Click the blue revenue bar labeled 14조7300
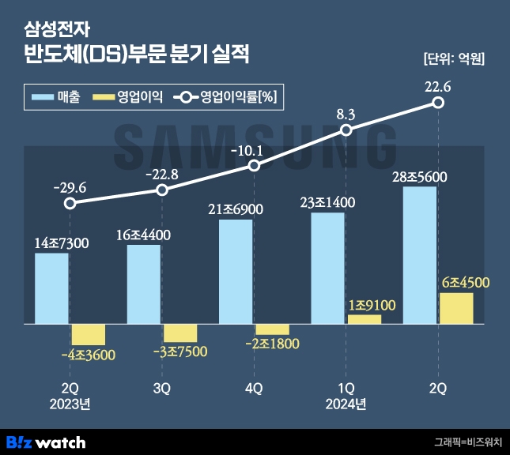[x=51, y=288]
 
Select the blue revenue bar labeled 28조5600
[x=419, y=254]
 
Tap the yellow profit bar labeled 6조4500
[x=456, y=308]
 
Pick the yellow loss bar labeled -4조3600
[x=88, y=334]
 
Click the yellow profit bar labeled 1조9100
[x=365, y=319]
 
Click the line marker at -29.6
[x=70, y=203]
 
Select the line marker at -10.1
[x=254, y=166]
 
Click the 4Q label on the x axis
[x=254, y=389]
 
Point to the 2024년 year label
[x=346, y=405]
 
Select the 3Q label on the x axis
[x=162, y=389]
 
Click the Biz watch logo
[x=45, y=442]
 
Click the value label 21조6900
[x=236, y=209]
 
